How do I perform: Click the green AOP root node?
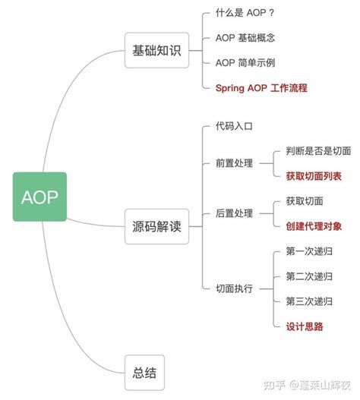[x=39, y=197]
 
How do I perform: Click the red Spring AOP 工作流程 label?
[x=261, y=88]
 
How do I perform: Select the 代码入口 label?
[x=234, y=127]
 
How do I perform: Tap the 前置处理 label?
[x=234, y=163]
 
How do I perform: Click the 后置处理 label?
[x=234, y=213]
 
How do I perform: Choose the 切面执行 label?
[x=234, y=288]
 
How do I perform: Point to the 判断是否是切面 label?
[x=318, y=151]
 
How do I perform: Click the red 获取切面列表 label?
[x=314, y=176]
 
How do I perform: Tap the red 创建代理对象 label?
[x=314, y=225]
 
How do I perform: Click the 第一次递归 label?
[x=309, y=251]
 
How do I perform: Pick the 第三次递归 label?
[x=309, y=301]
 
